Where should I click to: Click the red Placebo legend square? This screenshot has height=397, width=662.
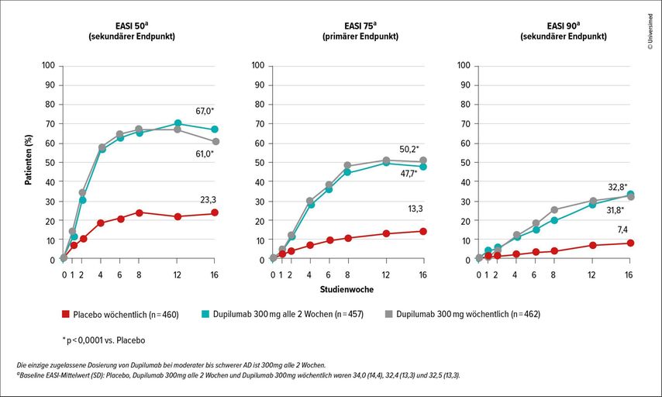pos(67,314)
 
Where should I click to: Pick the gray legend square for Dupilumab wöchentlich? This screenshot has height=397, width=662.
pos(389,314)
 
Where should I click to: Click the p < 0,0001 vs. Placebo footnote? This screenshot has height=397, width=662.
pos(103,340)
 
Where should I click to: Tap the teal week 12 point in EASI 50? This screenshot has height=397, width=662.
pos(178,123)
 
